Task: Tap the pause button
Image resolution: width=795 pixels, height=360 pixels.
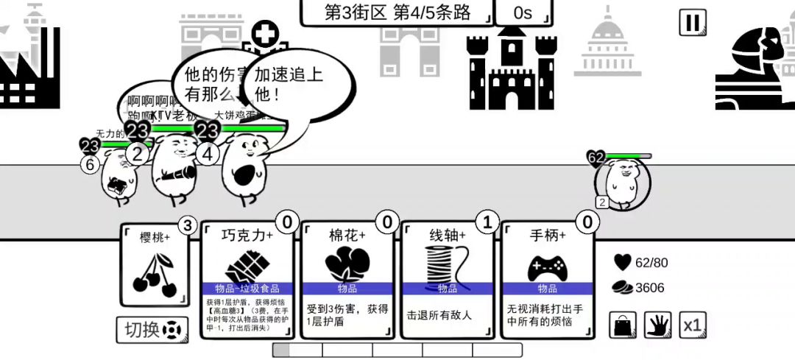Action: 692,22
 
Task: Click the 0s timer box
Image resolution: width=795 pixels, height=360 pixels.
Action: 523,13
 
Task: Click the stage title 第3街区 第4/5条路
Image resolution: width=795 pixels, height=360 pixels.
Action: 397,13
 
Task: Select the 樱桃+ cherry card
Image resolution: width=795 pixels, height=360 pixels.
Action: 155,265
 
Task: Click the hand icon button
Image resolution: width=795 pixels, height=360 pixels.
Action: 658,325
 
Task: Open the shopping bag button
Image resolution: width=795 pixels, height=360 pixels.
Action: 623,325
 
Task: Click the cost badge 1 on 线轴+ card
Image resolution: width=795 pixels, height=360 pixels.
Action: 486,221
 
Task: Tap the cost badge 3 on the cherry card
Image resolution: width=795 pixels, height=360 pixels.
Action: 188,225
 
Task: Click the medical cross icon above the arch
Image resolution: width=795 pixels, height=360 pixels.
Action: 264,34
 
